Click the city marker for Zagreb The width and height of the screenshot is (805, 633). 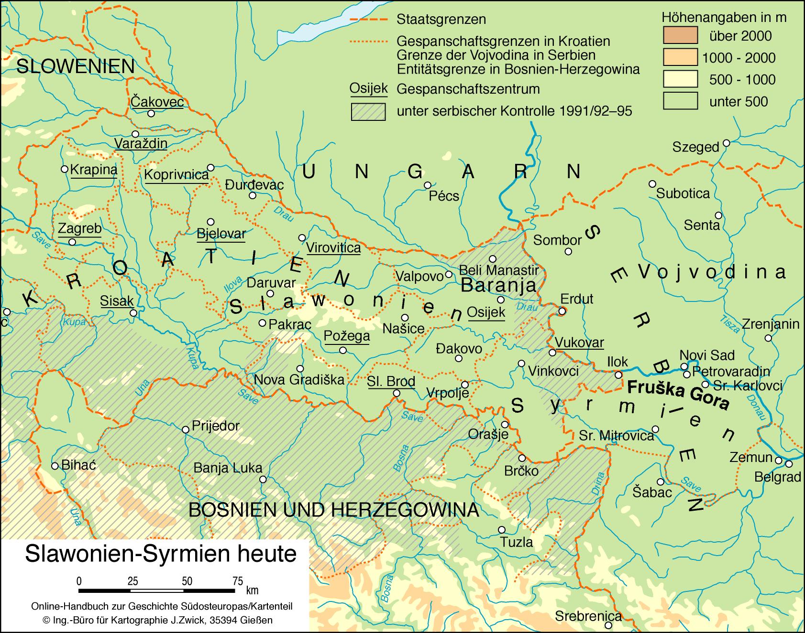point(72,242)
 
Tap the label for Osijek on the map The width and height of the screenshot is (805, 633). point(486,312)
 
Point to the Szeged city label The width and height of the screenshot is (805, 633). point(695,147)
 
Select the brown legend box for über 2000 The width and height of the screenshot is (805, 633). point(680,36)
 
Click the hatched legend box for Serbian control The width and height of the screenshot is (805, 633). point(368,111)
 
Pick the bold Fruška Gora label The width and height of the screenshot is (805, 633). point(678,395)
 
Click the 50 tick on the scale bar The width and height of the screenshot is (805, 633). point(187,581)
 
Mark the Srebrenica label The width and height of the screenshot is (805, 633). point(588,616)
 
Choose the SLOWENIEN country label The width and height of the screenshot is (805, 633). point(75,66)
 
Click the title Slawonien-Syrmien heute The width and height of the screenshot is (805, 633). point(161,554)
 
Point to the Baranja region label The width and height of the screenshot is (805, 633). point(497,286)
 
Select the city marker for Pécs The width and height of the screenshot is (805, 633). point(428,185)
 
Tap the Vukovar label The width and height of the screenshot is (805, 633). point(579,343)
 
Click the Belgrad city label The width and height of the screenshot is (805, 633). point(777,477)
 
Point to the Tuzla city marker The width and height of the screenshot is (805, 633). point(501,529)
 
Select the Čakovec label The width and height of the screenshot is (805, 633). point(157,102)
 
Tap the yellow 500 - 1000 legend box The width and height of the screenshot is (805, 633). point(680,79)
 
